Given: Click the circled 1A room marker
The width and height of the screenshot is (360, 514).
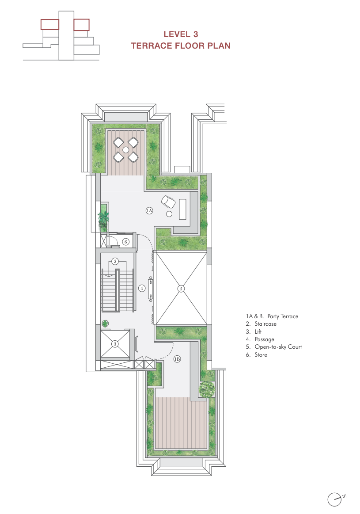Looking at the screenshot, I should (149, 211).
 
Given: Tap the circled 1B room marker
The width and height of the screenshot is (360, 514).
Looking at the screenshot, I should (177, 359).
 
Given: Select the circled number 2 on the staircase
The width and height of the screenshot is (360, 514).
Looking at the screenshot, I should (115, 261).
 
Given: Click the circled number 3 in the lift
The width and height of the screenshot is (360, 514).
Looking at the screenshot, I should (115, 344).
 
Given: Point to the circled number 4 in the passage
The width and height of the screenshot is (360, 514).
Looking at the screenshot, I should (142, 288).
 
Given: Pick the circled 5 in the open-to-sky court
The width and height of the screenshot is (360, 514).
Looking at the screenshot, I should (180, 289).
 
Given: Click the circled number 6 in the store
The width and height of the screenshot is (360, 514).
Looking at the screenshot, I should (126, 242).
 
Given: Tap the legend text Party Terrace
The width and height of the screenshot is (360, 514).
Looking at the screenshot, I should (283, 316).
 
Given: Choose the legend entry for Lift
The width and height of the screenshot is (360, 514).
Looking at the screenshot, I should (258, 331).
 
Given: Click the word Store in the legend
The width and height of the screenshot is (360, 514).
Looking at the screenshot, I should (261, 354).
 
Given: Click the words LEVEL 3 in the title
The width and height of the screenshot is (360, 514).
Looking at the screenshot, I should (180, 34).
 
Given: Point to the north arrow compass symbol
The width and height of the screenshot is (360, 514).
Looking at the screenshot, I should (335, 499).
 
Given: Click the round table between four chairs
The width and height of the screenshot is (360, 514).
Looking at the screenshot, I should (126, 149).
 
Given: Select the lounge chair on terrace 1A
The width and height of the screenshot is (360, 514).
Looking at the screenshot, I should (168, 201).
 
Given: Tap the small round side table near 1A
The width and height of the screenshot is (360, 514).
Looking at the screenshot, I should (169, 214).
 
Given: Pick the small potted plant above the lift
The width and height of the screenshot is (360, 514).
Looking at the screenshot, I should (105, 323).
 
